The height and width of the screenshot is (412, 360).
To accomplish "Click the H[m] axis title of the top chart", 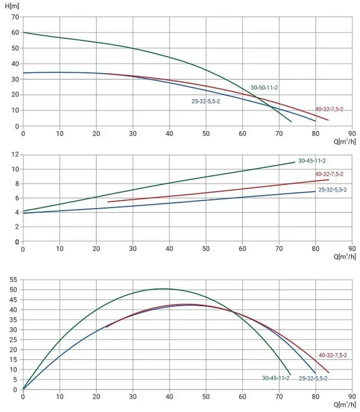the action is (x=12, y=6).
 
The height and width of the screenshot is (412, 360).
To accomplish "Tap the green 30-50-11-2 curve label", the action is (x=264, y=88).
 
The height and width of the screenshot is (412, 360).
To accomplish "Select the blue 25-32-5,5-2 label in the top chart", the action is (x=206, y=101).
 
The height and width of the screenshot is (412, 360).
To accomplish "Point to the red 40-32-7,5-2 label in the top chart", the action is (x=329, y=109).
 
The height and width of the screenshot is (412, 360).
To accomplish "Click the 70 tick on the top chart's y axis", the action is (x=15, y=17).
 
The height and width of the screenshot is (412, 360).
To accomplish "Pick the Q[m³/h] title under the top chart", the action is (x=345, y=142).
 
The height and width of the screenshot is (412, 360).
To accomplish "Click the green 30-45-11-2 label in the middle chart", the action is (x=312, y=161).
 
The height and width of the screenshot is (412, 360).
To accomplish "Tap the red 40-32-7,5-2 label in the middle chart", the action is (x=329, y=174).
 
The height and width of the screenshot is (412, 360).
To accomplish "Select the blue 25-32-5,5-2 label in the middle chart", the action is (x=332, y=190).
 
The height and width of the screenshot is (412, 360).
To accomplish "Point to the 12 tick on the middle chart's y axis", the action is (x=15, y=155).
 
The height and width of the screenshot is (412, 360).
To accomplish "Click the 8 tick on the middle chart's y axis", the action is (x=17, y=184).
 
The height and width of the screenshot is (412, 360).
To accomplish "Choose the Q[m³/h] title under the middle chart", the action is (x=345, y=256).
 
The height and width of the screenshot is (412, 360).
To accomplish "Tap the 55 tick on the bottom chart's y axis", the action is (x=13, y=279).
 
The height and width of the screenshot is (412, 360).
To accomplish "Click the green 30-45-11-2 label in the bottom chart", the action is (x=276, y=378).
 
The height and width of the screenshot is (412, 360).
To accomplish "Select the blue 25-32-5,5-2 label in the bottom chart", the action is (x=313, y=378).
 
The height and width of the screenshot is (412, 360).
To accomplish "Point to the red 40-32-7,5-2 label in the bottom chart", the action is (x=333, y=355).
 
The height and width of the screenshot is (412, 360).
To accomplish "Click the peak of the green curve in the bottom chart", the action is (x=163, y=289).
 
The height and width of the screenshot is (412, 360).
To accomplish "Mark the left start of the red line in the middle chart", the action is (x=108, y=202).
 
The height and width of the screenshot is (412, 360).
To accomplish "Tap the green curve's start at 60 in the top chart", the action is (x=23, y=32).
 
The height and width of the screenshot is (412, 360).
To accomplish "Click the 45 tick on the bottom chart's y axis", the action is (x=13, y=300).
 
